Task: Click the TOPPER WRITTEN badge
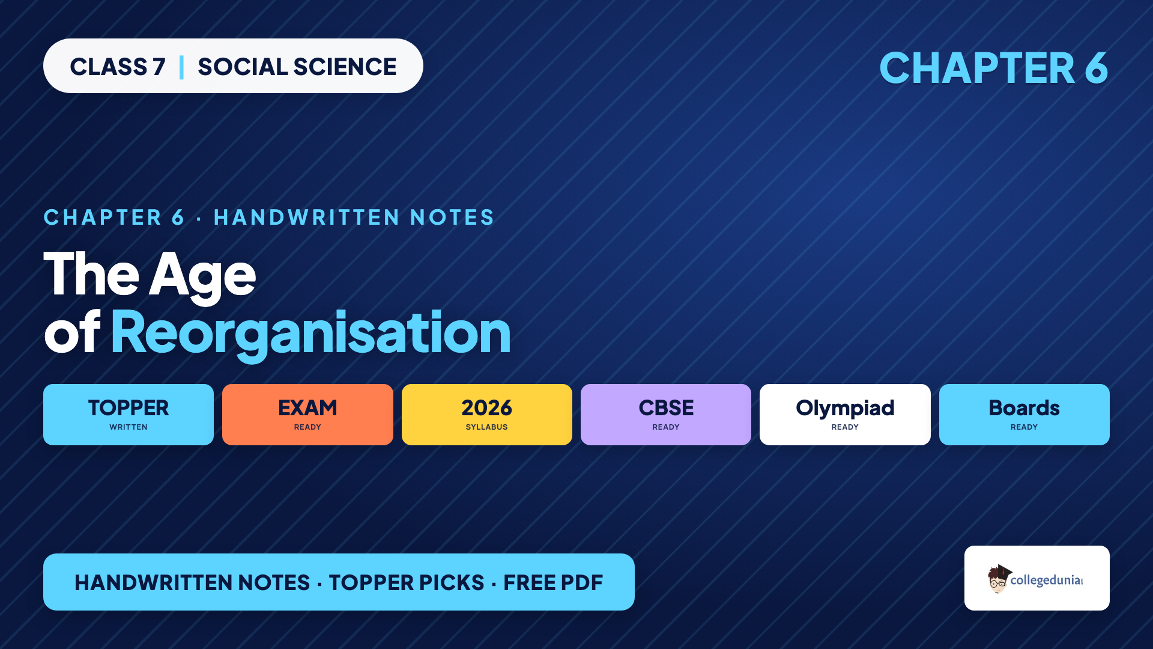click(129, 415)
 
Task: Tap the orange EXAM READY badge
click(307, 415)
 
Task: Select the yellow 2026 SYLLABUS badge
click(487, 415)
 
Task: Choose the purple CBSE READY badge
click(666, 415)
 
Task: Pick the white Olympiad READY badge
click(845, 415)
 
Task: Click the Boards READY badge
click(1024, 415)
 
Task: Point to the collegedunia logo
click(1036, 579)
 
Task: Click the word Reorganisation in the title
click(310, 334)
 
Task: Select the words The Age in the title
click(150, 275)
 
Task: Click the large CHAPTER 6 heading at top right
click(994, 67)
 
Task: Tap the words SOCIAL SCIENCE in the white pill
click(297, 67)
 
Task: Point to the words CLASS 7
click(118, 67)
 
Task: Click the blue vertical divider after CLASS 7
click(181, 67)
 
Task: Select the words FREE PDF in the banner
click(553, 583)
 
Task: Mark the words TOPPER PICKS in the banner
click(407, 583)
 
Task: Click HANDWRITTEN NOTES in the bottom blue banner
click(192, 583)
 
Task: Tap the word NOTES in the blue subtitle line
click(452, 218)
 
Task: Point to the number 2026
click(487, 408)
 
